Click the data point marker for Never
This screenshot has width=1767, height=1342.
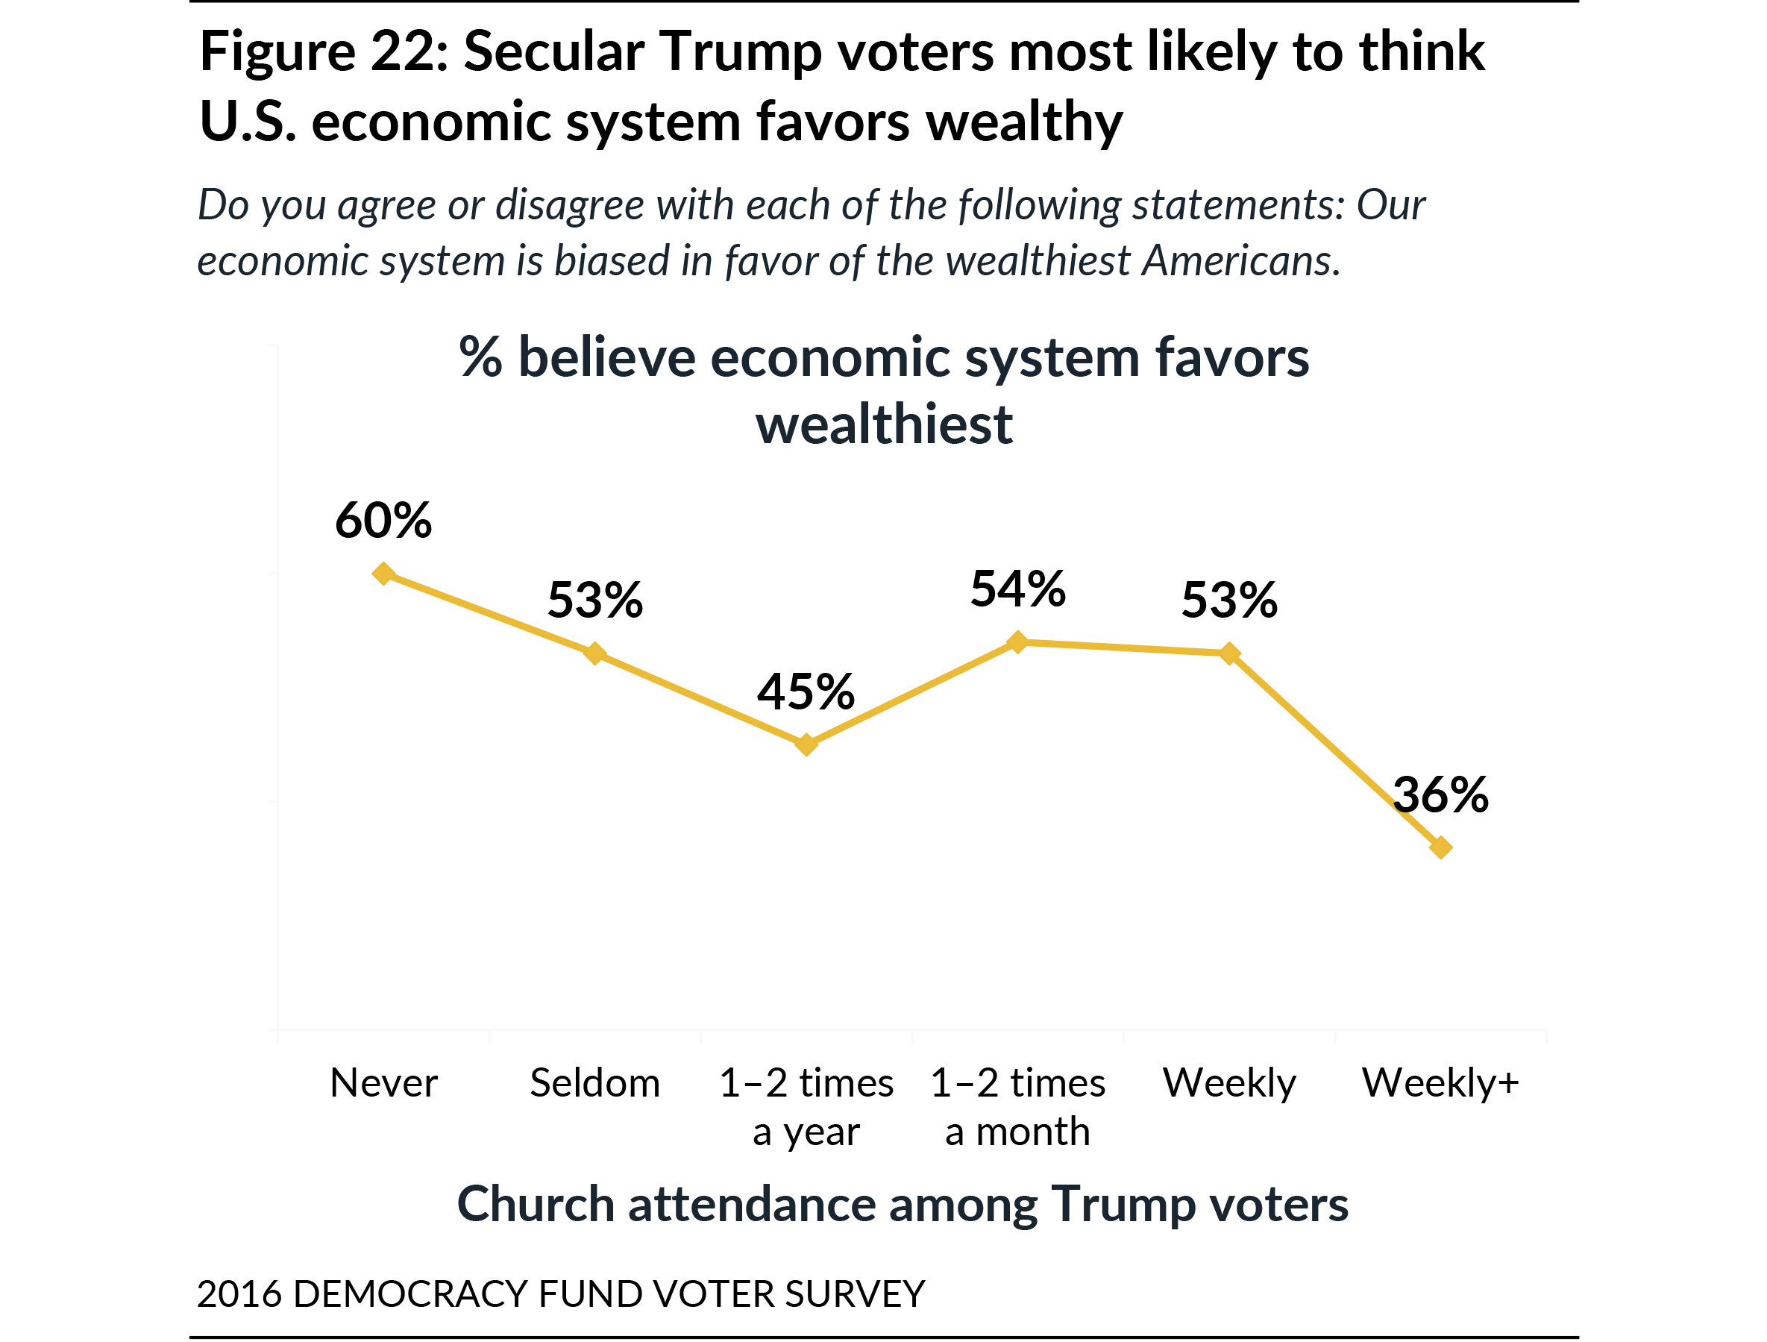383,574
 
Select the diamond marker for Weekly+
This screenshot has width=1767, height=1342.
1440,847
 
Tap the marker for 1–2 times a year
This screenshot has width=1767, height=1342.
806,744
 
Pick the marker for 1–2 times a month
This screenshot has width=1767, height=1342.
1017,642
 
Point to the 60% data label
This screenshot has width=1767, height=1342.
383,521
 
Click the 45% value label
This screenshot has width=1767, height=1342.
806,692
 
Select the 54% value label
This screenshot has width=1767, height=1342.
1017,589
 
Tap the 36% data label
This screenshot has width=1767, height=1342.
1440,796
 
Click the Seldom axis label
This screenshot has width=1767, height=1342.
595,1083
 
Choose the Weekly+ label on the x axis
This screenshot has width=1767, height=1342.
1440,1083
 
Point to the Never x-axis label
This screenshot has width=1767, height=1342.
383,1083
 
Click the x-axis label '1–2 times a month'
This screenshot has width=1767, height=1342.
1017,1107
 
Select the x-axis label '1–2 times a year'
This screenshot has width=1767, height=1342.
806,1107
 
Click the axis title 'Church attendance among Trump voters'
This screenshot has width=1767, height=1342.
903,1205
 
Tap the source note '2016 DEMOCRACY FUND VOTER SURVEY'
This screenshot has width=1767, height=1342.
561,1294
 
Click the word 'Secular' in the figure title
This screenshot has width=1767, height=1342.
553,52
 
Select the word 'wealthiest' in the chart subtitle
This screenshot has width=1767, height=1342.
885,424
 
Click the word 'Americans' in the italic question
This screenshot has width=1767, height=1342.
1240,260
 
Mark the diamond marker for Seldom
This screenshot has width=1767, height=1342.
594,653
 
